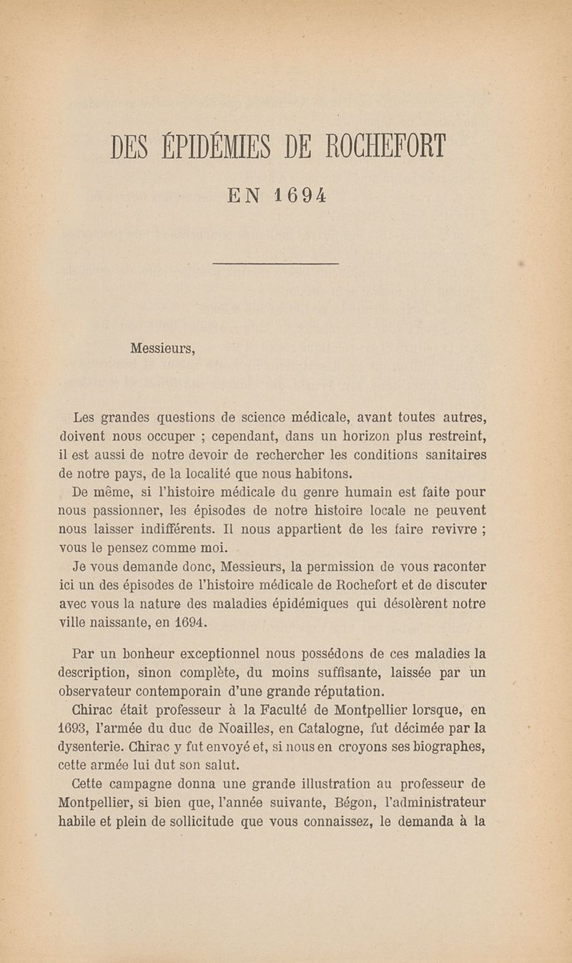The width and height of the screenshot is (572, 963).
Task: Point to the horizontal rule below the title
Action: (275, 265)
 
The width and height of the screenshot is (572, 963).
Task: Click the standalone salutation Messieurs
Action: (162, 350)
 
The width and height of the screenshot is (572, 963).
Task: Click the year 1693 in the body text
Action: (75, 729)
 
